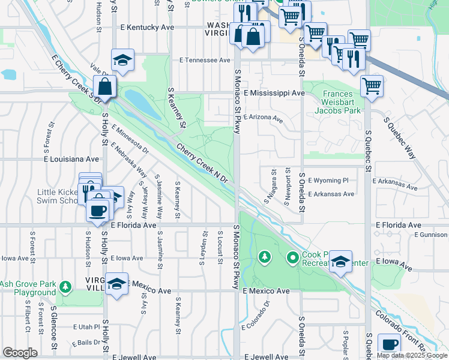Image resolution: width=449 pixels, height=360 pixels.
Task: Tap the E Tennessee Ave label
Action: [x=205, y=61]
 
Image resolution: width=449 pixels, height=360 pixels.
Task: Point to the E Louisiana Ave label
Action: [x=71, y=160]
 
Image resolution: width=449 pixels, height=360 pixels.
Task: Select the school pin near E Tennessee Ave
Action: [x=122, y=60]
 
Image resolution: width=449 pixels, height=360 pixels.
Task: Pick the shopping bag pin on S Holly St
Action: [x=105, y=86]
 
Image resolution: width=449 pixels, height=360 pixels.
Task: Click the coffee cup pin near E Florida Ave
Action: [x=97, y=210]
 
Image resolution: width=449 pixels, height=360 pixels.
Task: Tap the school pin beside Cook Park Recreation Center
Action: [x=340, y=262]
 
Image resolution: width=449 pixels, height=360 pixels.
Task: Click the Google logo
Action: [x=19, y=352]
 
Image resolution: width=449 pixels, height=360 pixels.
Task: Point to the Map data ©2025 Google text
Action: [x=412, y=355]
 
